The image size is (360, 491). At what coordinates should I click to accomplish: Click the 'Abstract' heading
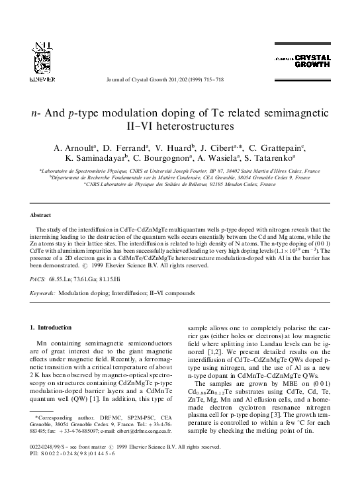click(42, 216)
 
